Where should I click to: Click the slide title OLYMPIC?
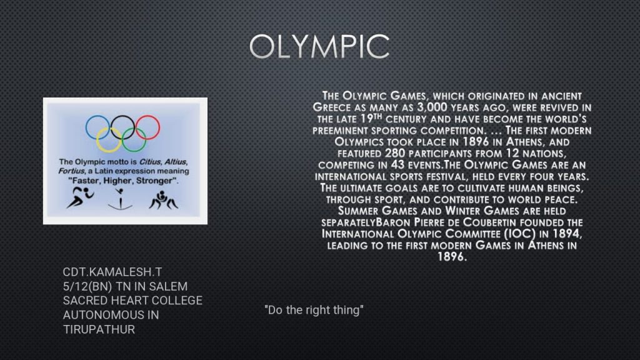319,46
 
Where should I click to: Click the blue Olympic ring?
86,127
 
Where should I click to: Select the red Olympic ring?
159,127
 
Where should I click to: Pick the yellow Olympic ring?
97,140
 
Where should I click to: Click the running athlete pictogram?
80,197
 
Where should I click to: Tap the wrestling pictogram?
163,200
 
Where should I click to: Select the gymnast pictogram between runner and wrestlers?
120,200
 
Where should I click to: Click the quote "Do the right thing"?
314,310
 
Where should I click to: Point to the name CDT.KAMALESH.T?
112,272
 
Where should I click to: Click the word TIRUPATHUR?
99,329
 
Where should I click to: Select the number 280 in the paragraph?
395,154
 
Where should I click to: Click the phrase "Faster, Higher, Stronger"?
123,181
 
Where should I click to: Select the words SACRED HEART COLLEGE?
132,301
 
